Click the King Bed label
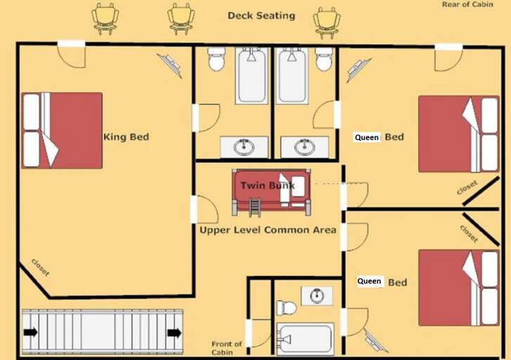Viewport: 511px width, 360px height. click(x=126, y=137)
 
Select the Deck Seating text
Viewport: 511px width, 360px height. click(x=261, y=15)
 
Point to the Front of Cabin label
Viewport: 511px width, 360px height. click(x=226, y=348)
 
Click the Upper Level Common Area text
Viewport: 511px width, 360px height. click(x=267, y=230)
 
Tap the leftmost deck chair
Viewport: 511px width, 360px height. click(x=105, y=18)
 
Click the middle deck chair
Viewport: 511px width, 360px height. click(x=181, y=18)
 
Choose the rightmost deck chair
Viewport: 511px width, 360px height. click(x=327, y=21)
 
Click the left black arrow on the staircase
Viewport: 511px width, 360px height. click(x=31, y=333)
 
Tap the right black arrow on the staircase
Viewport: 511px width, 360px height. click(x=174, y=333)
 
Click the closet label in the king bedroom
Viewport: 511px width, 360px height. click(x=40, y=268)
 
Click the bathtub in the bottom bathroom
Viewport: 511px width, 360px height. click(x=305, y=340)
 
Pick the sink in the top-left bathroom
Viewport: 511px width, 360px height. click(x=244, y=147)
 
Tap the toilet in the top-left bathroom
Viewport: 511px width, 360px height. click(x=216, y=60)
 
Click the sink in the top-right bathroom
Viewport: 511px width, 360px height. click(x=304, y=147)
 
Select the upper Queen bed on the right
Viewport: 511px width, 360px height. click(x=459, y=134)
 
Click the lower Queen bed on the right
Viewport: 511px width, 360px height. click(x=459, y=287)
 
